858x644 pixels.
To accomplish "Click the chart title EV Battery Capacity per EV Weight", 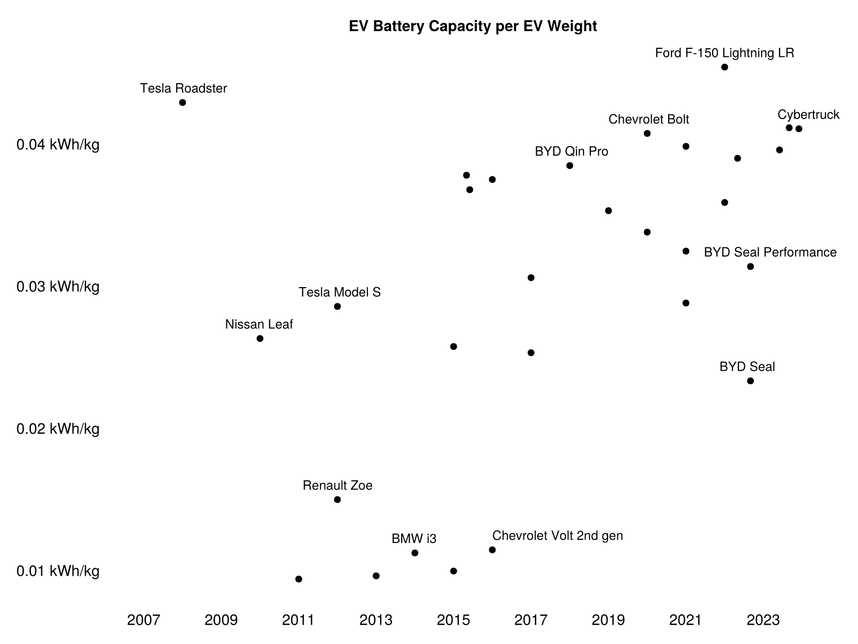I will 472,26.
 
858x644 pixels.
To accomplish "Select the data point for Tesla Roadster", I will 182,103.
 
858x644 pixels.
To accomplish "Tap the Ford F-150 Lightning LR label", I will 724,53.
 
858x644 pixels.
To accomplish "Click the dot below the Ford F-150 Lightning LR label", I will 724,67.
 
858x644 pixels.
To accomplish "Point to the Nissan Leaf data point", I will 260,339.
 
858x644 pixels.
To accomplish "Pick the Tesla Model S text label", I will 339,292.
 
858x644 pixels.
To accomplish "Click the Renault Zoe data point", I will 337,500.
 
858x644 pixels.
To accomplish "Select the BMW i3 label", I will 414,539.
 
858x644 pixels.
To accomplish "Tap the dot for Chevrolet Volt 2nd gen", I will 492,550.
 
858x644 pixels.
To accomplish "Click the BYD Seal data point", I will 750,381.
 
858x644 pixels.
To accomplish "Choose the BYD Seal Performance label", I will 770,252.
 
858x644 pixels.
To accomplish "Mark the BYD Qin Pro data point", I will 569,165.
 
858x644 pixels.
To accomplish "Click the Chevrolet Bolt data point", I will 647,133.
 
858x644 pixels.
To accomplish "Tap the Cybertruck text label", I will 808,114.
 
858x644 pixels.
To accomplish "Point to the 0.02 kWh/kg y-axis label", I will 58,429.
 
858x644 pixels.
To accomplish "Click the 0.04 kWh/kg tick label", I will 58,145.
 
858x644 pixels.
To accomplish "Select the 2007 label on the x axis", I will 144,620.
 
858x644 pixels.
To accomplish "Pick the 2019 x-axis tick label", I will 608,620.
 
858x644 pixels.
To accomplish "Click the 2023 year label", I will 763,620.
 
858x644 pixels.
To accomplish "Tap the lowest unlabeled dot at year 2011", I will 299,579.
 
